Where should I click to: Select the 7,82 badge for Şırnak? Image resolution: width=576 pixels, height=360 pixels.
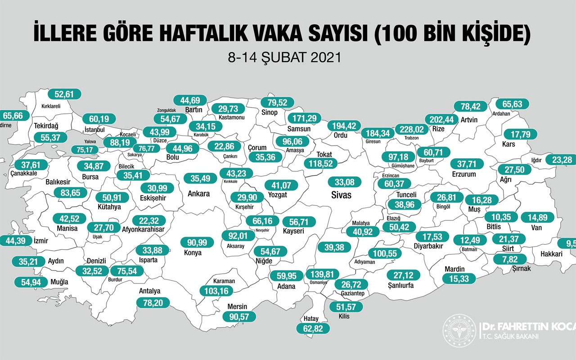510,259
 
